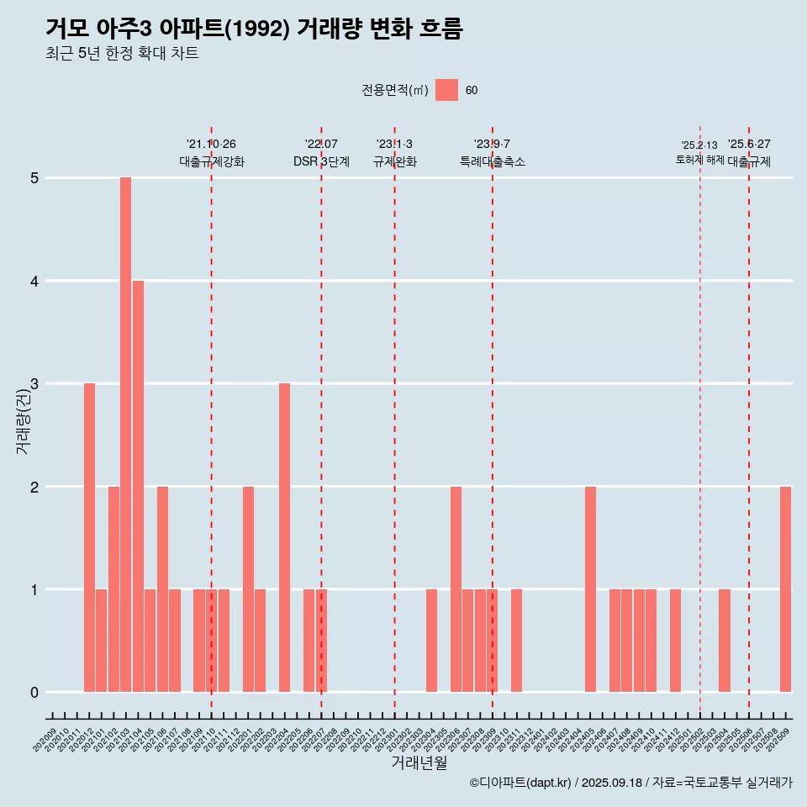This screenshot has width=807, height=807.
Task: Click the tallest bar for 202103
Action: (x=125, y=435)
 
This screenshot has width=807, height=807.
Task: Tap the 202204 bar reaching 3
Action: (x=284, y=538)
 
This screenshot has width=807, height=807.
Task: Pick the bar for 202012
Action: (x=89, y=538)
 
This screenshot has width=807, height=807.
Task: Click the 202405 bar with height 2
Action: (x=590, y=589)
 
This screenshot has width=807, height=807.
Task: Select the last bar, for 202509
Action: (x=785, y=589)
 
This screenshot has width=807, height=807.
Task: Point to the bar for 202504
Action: (x=724, y=641)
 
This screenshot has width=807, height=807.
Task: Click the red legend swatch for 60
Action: (x=446, y=91)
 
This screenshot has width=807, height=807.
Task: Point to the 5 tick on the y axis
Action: (x=34, y=178)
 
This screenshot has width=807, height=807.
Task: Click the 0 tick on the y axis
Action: (x=34, y=693)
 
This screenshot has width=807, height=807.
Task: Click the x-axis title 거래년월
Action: (x=419, y=762)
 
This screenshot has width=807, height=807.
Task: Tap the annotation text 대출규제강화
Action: (x=211, y=161)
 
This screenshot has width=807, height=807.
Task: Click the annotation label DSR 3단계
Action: (x=321, y=161)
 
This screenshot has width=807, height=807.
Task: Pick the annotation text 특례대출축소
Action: (x=492, y=161)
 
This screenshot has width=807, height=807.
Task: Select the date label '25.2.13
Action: (x=699, y=145)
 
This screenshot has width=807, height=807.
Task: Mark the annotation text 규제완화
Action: (x=394, y=161)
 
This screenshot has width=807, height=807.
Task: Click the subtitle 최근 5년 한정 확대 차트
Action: (x=122, y=54)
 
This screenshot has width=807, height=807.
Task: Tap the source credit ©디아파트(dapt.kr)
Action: (x=520, y=783)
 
